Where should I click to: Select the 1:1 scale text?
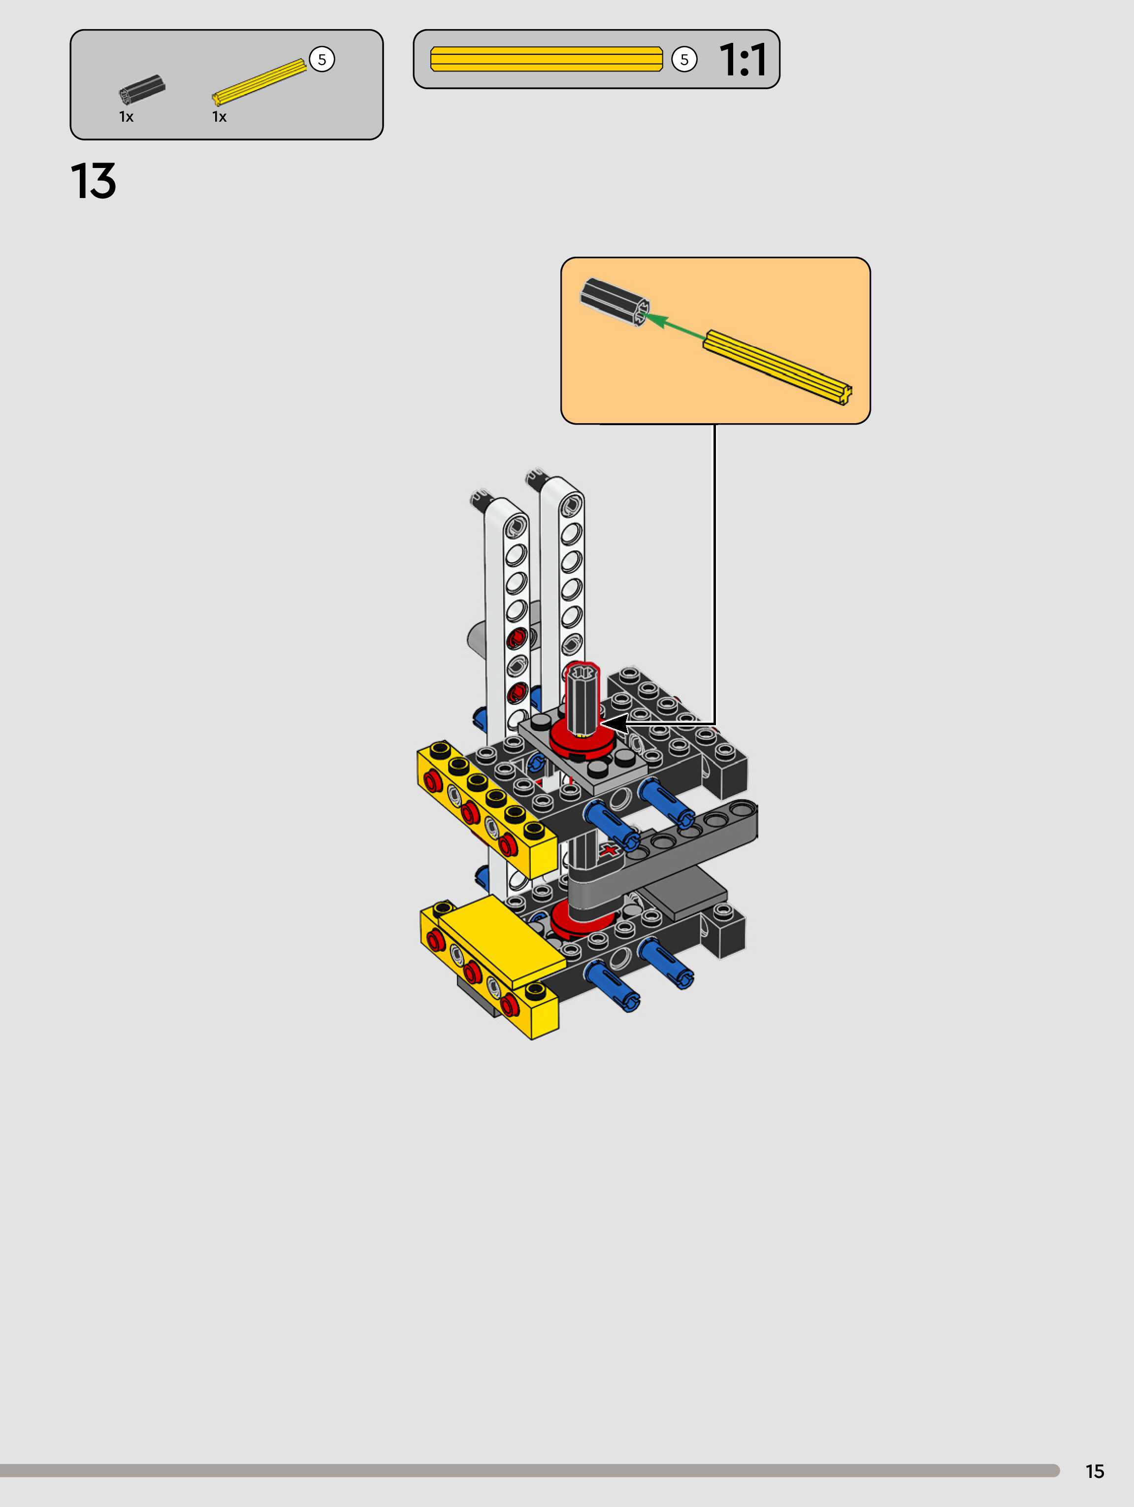pos(743,59)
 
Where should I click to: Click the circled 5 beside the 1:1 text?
pos(684,59)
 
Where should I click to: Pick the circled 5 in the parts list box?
pos(322,59)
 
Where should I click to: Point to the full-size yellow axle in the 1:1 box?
pos(546,59)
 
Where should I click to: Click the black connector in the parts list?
pos(142,89)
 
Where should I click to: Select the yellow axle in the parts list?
pos(259,82)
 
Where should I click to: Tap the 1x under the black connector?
pos(126,117)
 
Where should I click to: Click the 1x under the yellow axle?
pos(219,117)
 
